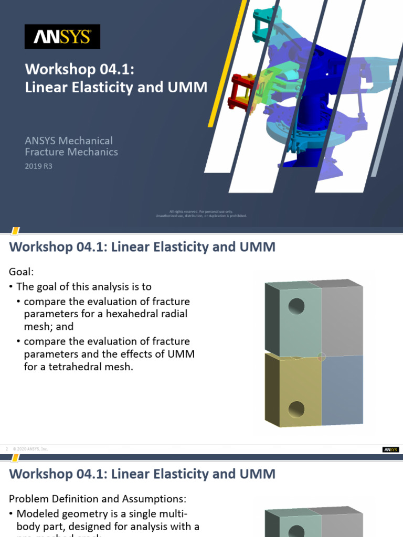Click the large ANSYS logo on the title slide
point(62,37)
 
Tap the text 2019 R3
point(39,166)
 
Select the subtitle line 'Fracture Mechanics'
point(72,152)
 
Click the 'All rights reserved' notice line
point(201,211)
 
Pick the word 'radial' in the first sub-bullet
point(174,314)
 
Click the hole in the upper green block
point(296,305)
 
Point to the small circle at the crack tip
point(322,357)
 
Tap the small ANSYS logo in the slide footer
point(390,449)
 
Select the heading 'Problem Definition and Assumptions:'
point(98,499)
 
